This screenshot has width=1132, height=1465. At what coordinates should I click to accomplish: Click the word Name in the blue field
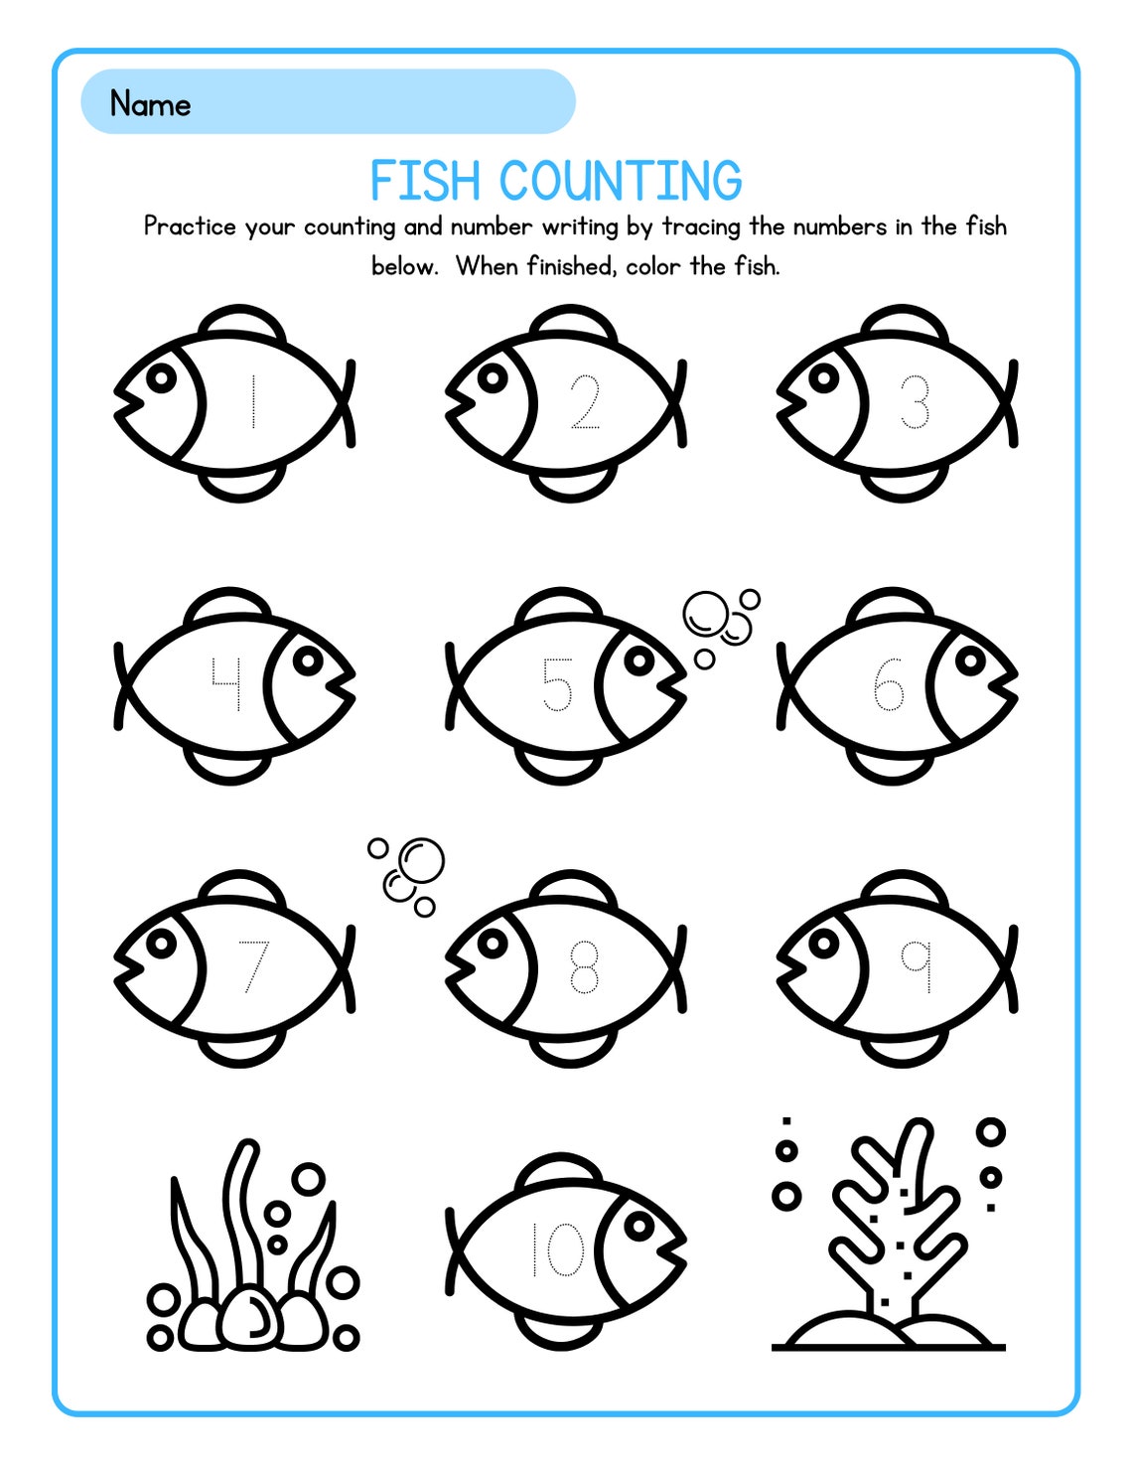tap(150, 103)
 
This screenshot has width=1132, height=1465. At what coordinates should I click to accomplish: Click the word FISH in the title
tap(425, 182)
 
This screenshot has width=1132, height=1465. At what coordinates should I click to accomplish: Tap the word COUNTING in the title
tap(621, 182)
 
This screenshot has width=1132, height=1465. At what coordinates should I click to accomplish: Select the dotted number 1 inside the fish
tap(254, 402)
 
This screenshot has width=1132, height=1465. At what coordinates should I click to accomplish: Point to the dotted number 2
tap(586, 402)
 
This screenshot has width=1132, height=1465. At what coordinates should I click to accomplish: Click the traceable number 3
tap(915, 402)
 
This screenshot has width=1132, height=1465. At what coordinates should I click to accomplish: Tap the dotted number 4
tap(226, 685)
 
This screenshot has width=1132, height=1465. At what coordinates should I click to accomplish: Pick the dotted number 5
tap(557, 685)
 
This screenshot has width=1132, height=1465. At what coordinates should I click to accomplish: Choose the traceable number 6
tap(888, 685)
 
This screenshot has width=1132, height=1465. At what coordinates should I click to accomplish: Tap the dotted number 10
tap(557, 1249)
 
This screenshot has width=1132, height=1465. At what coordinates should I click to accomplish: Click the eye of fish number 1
tap(161, 377)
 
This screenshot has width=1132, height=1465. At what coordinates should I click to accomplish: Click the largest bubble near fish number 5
tap(706, 614)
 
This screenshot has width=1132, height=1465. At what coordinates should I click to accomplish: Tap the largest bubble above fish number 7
tap(421, 860)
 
